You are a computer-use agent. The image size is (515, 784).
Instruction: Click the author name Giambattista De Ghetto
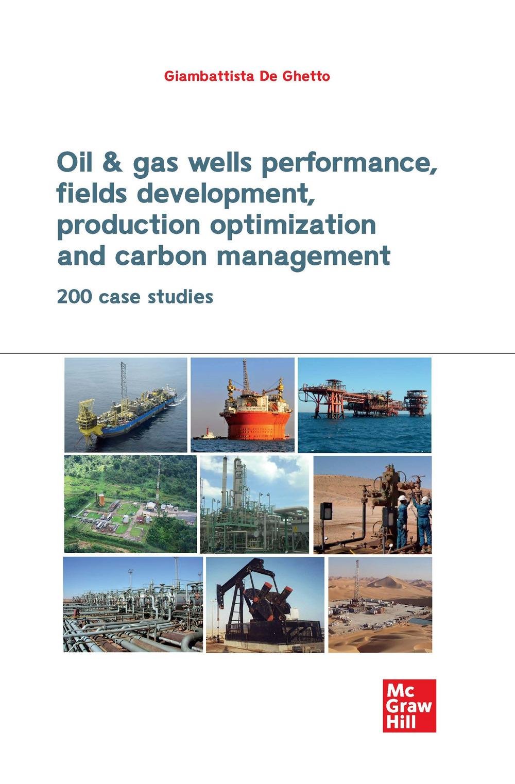coord(247,76)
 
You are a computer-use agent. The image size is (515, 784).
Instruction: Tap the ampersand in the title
coord(112,162)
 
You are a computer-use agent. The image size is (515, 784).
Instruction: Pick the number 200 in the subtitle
coord(74,297)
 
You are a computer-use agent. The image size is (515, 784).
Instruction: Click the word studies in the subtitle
coord(180,297)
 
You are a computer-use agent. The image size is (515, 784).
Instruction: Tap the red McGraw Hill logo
coord(409,706)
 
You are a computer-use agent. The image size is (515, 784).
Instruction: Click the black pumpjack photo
coord(265,605)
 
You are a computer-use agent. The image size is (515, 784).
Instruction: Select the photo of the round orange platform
coord(243,405)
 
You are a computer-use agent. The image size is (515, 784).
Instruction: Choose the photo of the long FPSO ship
coord(126,405)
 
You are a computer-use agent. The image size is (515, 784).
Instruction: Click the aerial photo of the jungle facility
coord(130,504)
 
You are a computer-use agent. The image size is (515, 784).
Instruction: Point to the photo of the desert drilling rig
coord(380,605)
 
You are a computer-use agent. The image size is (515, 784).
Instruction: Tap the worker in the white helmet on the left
coord(402,520)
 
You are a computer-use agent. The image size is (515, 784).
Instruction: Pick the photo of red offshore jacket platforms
coord(365,405)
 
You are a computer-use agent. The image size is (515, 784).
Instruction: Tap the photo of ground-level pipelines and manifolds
coord(133,605)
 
